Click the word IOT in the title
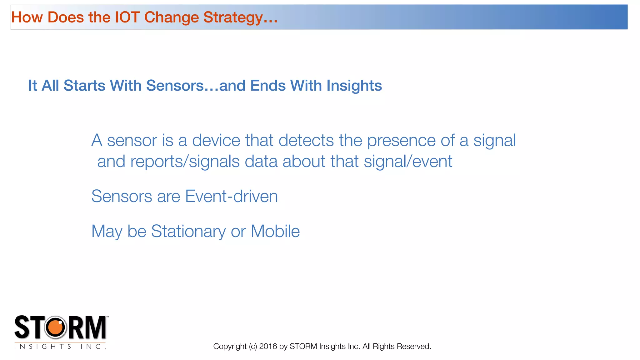pos(127,17)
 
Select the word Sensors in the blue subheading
pos(175,86)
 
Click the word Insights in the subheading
pos(354,86)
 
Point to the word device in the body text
pos(216,140)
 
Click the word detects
pos(306,140)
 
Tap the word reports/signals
pos(185,162)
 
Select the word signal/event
pos(408,162)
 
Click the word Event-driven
pos(231,196)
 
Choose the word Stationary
pos(188,232)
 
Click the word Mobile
pos(275,231)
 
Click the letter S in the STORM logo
pos(22,327)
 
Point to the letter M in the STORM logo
pos(96,327)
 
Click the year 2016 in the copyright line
pos(268,346)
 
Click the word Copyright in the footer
pos(230,347)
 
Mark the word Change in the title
pos(171,17)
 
